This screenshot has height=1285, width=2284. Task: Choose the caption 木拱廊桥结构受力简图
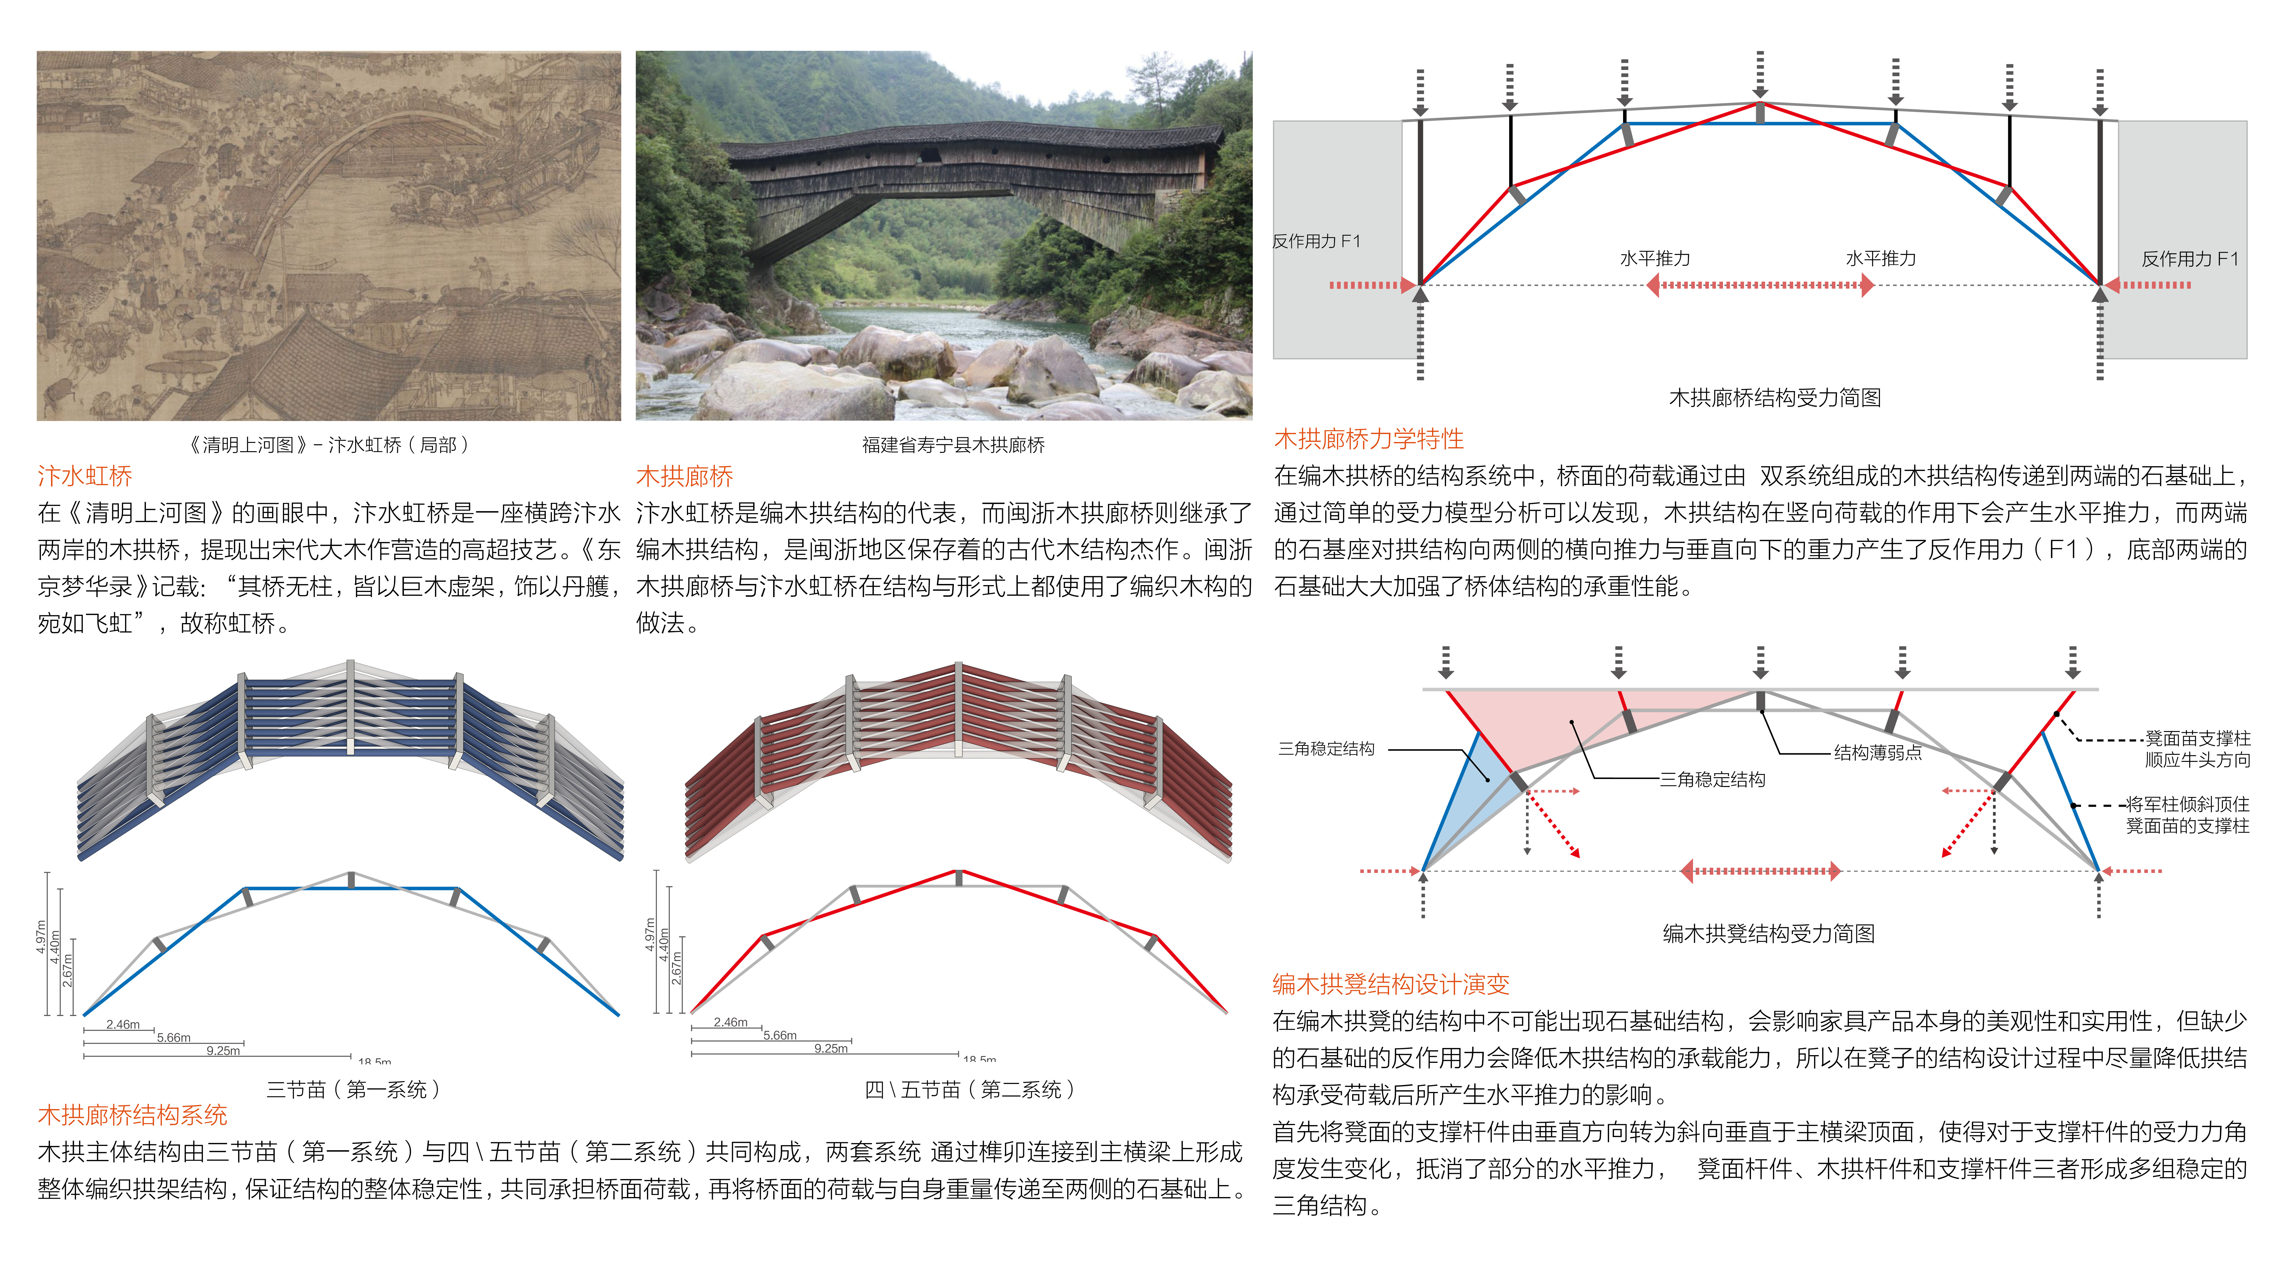click(x=1775, y=397)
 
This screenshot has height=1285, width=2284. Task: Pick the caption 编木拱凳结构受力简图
click(x=1769, y=933)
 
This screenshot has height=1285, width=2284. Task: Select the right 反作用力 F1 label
click(x=2190, y=259)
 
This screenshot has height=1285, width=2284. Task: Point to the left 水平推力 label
click(x=1654, y=259)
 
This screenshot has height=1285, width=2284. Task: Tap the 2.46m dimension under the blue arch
click(x=123, y=1024)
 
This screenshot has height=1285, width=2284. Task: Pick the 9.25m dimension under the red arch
click(x=831, y=1048)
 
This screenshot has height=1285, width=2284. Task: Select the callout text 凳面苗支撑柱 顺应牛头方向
click(x=2197, y=748)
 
